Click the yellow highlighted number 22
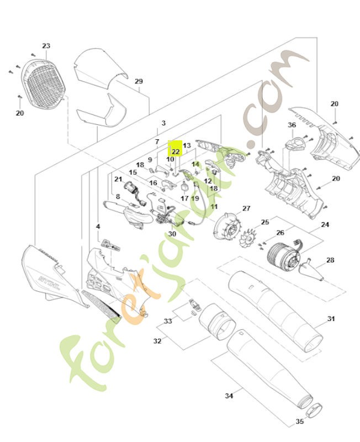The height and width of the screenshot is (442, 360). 176,151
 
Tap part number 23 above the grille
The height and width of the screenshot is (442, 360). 46,46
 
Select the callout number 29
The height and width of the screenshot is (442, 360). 139,81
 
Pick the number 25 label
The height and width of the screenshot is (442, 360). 265,222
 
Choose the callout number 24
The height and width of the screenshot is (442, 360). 325,225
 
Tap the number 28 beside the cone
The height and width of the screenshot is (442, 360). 330,260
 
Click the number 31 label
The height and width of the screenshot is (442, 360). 331,319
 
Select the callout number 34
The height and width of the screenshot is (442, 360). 229,396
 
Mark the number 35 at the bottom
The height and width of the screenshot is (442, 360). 300,422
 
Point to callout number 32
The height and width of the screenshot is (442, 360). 157,341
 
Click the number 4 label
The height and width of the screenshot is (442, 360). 98,226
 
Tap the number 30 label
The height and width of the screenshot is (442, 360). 172,234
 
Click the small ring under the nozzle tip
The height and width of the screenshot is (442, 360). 314,410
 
